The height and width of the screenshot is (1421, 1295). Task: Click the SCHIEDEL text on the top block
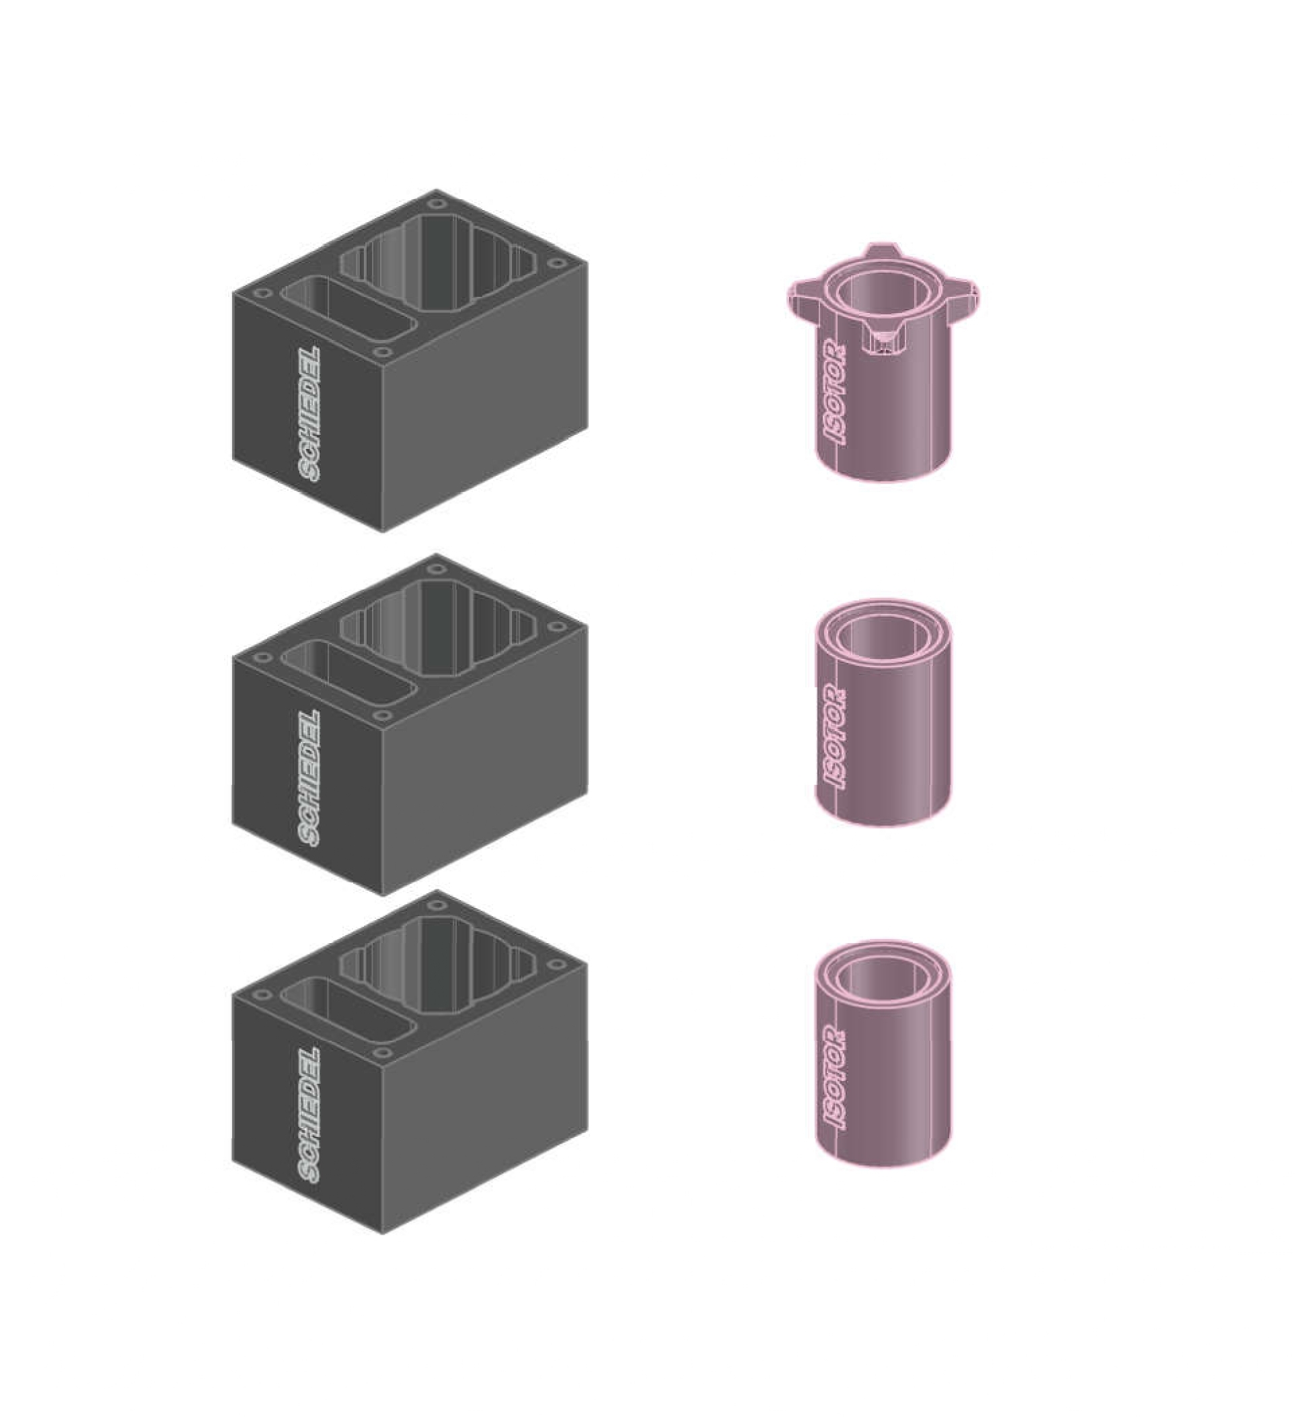pyautogui.click(x=309, y=415)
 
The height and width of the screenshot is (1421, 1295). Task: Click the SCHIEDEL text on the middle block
pyautogui.click(x=309, y=778)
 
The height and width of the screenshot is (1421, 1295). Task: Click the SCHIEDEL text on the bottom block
pyautogui.click(x=309, y=1115)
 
